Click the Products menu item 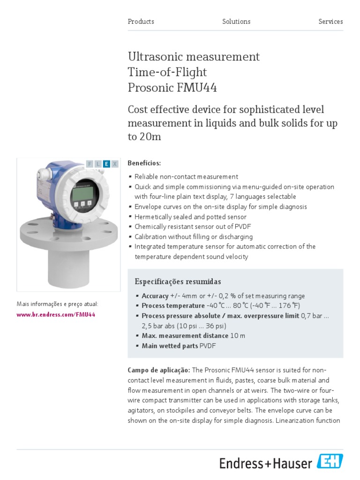141,22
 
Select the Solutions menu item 236,22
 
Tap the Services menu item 330,22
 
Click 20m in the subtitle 150,137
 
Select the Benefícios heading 144,163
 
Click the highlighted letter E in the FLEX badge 107,164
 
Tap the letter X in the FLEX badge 115,164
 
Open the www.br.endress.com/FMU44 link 56,315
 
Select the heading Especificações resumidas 178,282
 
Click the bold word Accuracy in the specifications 155,296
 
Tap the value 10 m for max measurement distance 238,336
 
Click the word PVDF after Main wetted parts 208,346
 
